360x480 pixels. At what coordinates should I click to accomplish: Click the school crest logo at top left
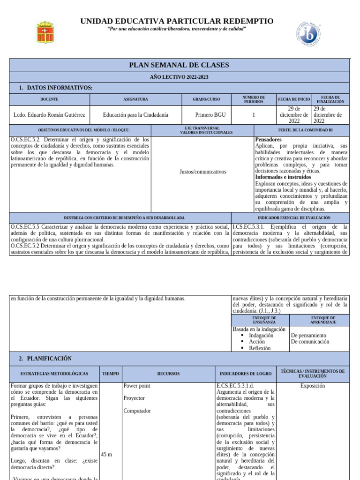tap(45, 32)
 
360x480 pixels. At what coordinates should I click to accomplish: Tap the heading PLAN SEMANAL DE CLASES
tap(179, 65)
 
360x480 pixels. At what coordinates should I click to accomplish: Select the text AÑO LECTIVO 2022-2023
tap(179, 76)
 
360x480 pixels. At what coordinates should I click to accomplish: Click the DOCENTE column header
tap(49, 99)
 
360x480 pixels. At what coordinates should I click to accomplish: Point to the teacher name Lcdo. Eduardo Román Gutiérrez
tap(49, 115)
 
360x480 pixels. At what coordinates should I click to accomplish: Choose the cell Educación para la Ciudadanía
tap(135, 115)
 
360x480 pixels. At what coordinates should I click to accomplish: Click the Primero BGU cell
tap(207, 115)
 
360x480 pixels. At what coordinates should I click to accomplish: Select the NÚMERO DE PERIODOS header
tap(254, 99)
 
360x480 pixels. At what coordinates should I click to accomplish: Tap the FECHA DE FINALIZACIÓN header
tap(330, 99)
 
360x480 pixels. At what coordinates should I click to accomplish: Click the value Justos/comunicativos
tap(202, 172)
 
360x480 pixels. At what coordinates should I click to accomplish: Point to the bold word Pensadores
tap(268, 140)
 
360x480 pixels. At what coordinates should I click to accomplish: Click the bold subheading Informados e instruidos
tap(283, 177)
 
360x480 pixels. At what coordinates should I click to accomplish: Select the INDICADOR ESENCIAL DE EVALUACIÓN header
tap(294, 218)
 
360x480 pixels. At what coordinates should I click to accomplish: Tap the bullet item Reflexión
tap(260, 348)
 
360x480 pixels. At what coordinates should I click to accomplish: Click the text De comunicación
tap(310, 342)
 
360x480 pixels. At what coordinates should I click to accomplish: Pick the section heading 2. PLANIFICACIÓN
tap(45, 359)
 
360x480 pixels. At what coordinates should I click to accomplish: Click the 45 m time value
tap(106, 454)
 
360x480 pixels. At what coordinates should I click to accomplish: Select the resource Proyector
tap(134, 398)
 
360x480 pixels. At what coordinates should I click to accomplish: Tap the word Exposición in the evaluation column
tap(312, 386)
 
